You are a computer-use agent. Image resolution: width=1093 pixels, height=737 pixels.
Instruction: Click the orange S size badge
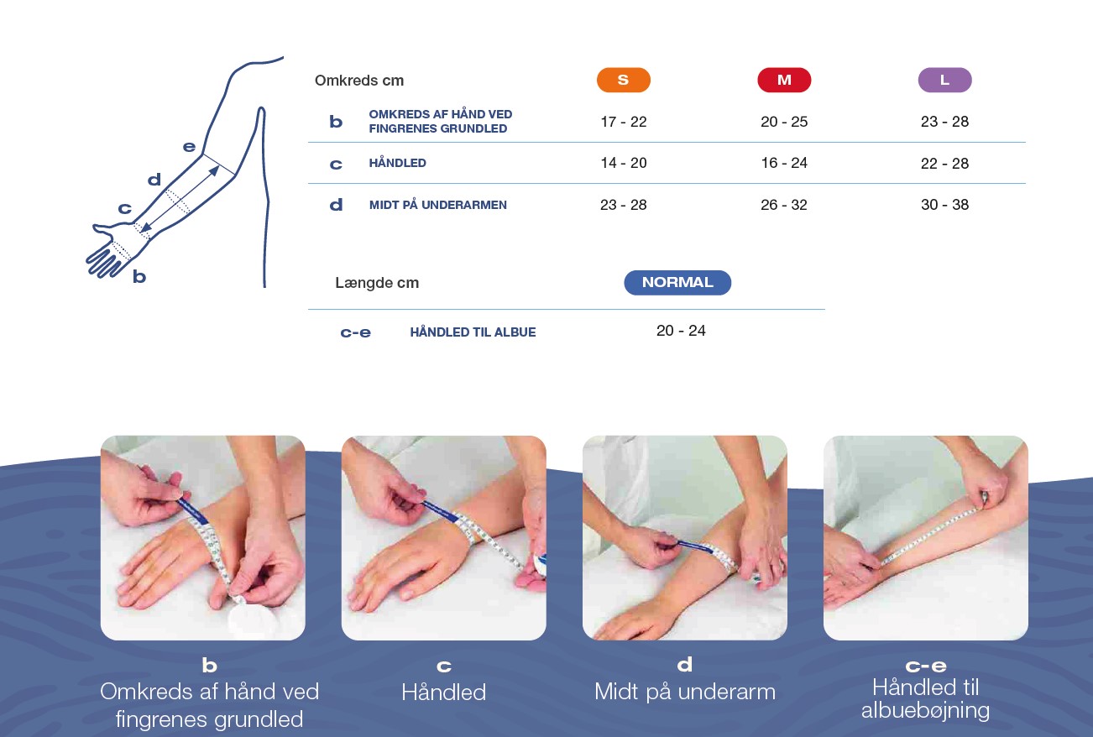click(x=623, y=80)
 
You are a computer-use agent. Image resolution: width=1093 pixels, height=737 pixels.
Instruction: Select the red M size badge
click(x=784, y=80)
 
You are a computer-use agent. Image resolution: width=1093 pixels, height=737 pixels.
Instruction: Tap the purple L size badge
click(x=944, y=80)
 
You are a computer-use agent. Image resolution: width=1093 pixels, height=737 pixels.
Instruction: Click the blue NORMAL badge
click(x=677, y=282)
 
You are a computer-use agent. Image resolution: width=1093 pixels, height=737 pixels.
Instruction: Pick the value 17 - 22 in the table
click(x=623, y=122)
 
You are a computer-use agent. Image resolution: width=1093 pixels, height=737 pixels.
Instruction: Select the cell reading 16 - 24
click(x=784, y=163)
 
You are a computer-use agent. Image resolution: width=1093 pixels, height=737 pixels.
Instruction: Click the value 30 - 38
click(x=944, y=204)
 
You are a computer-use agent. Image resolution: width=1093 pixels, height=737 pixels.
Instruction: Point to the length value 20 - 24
click(x=681, y=331)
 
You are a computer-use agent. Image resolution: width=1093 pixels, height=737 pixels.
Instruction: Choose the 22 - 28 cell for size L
click(x=944, y=164)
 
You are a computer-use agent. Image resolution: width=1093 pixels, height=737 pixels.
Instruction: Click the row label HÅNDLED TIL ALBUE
click(x=473, y=332)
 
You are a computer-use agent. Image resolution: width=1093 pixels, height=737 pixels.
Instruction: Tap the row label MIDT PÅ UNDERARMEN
click(x=437, y=205)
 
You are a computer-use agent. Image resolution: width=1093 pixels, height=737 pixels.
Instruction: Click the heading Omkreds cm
click(x=359, y=81)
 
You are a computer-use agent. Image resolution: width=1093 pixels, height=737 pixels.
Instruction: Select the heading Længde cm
click(x=377, y=283)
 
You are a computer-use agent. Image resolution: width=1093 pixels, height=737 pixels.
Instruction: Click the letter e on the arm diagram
click(x=189, y=147)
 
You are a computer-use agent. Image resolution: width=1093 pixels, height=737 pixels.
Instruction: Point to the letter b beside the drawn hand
click(x=139, y=276)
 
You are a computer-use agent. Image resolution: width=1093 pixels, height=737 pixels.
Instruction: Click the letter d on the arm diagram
click(x=154, y=180)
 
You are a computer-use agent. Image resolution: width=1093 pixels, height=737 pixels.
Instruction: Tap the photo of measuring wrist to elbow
click(x=926, y=537)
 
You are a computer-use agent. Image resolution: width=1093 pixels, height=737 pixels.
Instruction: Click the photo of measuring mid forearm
click(x=684, y=537)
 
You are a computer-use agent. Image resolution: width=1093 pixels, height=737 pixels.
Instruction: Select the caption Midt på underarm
click(x=684, y=693)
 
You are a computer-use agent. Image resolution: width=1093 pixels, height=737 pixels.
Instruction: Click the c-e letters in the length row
click(x=355, y=332)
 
